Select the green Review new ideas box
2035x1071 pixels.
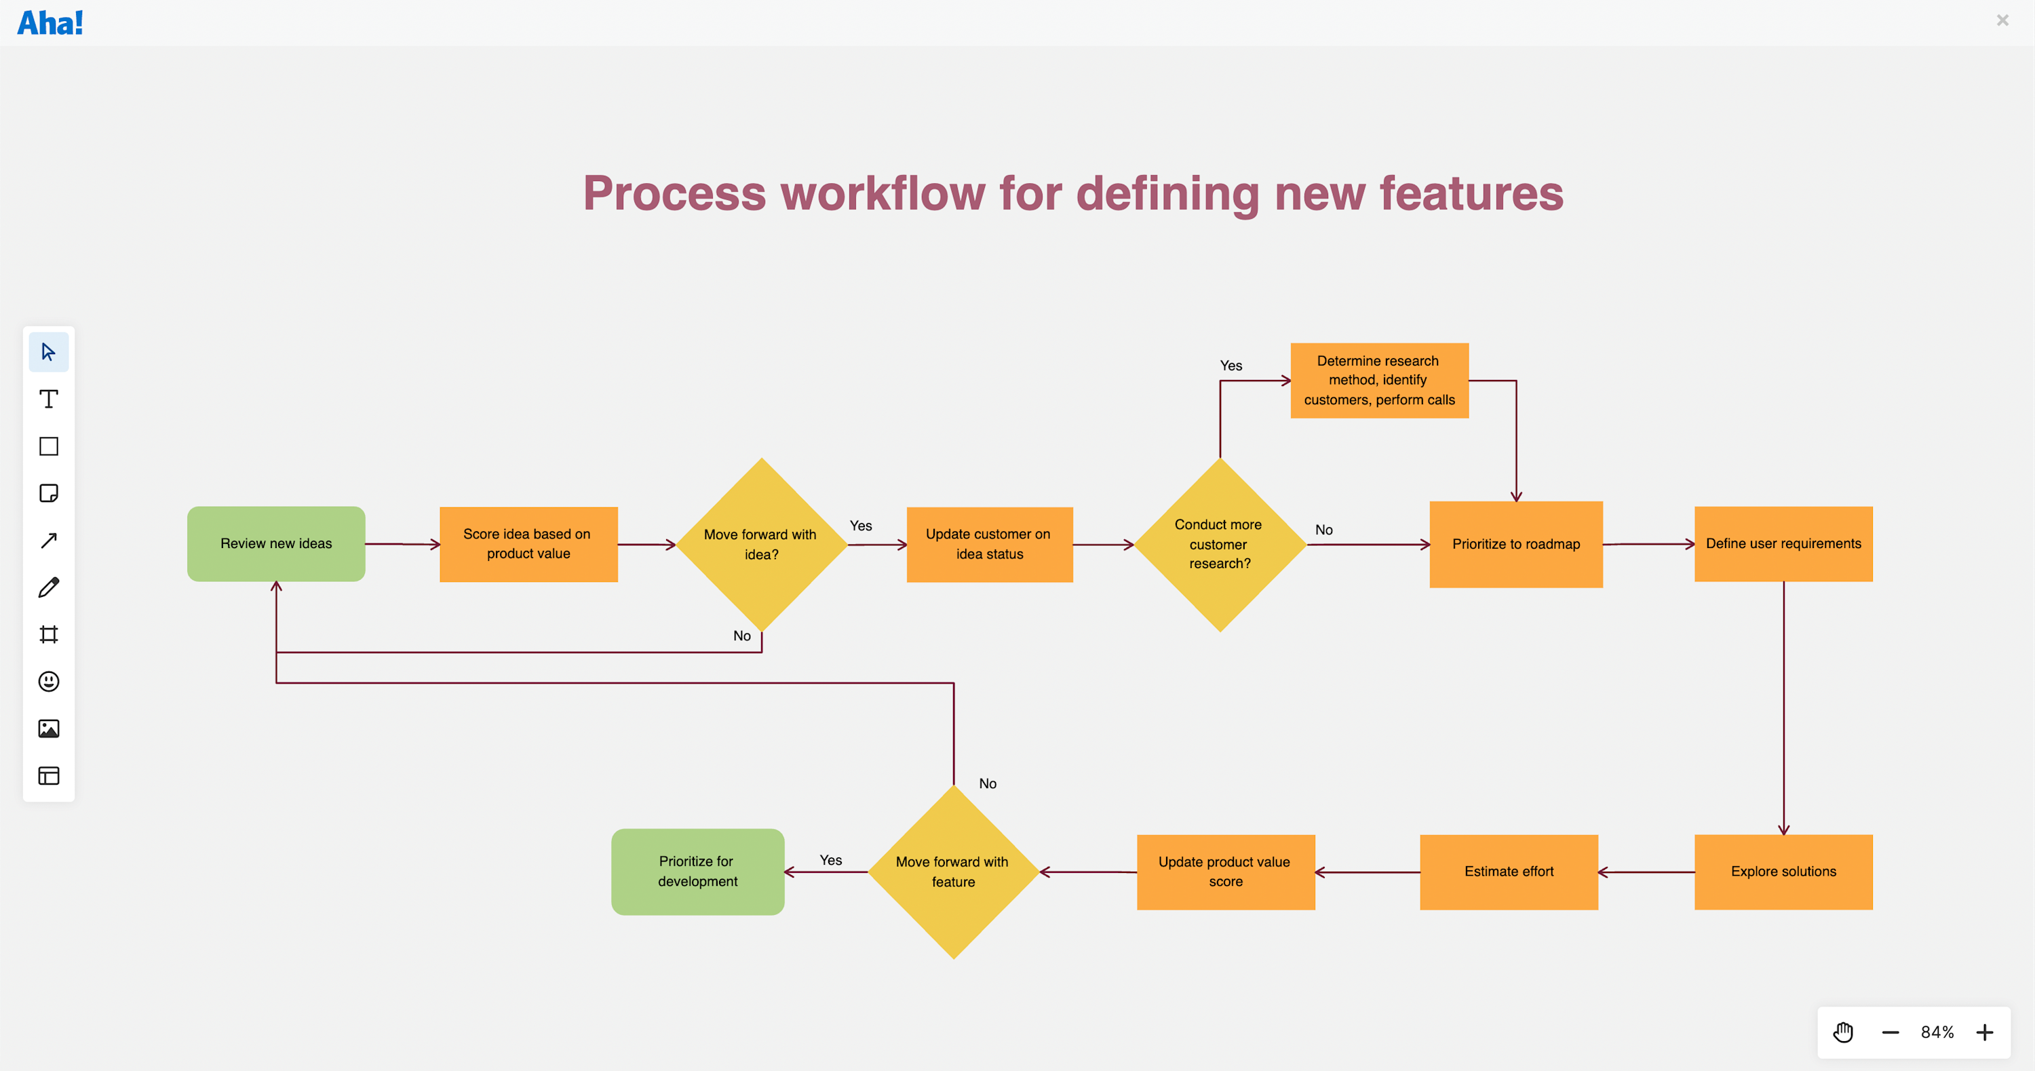(275, 543)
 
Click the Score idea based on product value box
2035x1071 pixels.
(528, 543)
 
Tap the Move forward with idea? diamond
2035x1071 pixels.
(761, 544)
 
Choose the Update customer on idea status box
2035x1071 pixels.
(989, 543)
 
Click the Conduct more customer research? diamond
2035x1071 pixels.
(1219, 544)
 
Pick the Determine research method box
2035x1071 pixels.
(1378, 380)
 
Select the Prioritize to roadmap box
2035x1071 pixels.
(1515, 543)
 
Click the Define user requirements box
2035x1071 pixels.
(1783, 543)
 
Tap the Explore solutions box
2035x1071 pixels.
(1783, 871)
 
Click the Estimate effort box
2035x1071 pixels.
(1508, 871)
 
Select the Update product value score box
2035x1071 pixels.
(1224, 871)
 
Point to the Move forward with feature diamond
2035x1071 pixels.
(953, 871)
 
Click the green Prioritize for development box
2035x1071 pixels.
(697, 871)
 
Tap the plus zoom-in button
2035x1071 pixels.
(1984, 1032)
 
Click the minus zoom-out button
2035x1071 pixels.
(1890, 1032)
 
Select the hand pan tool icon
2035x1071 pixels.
(1843, 1032)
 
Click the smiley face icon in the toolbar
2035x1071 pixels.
(49, 681)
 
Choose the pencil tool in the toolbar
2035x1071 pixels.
(49, 587)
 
